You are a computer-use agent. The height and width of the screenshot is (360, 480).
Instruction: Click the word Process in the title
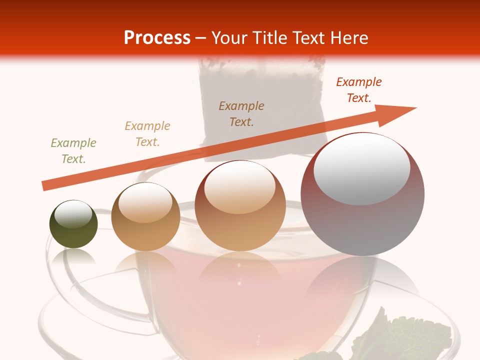(157, 38)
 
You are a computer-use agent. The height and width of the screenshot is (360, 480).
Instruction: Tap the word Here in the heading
(347, 38)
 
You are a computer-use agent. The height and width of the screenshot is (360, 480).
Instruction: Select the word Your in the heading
(229, 38)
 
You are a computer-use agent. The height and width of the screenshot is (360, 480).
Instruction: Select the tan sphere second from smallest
(145, 220)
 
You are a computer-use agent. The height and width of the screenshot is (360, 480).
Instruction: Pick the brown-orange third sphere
(240, 210)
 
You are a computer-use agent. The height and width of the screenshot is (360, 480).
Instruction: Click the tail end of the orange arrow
(45, 185)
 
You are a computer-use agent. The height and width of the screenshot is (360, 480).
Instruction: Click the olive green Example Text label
(73, 151)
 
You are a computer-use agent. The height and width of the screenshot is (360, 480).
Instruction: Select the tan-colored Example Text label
(147, 134)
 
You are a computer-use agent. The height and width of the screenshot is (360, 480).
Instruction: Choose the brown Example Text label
(241, 113)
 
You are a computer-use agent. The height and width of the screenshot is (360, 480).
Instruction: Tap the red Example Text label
(359, 90)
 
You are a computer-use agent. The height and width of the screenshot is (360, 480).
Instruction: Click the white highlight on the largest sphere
(361, 167)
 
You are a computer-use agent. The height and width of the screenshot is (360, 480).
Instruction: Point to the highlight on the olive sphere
(73, 214)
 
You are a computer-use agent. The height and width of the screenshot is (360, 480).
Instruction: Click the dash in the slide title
(201, 38)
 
